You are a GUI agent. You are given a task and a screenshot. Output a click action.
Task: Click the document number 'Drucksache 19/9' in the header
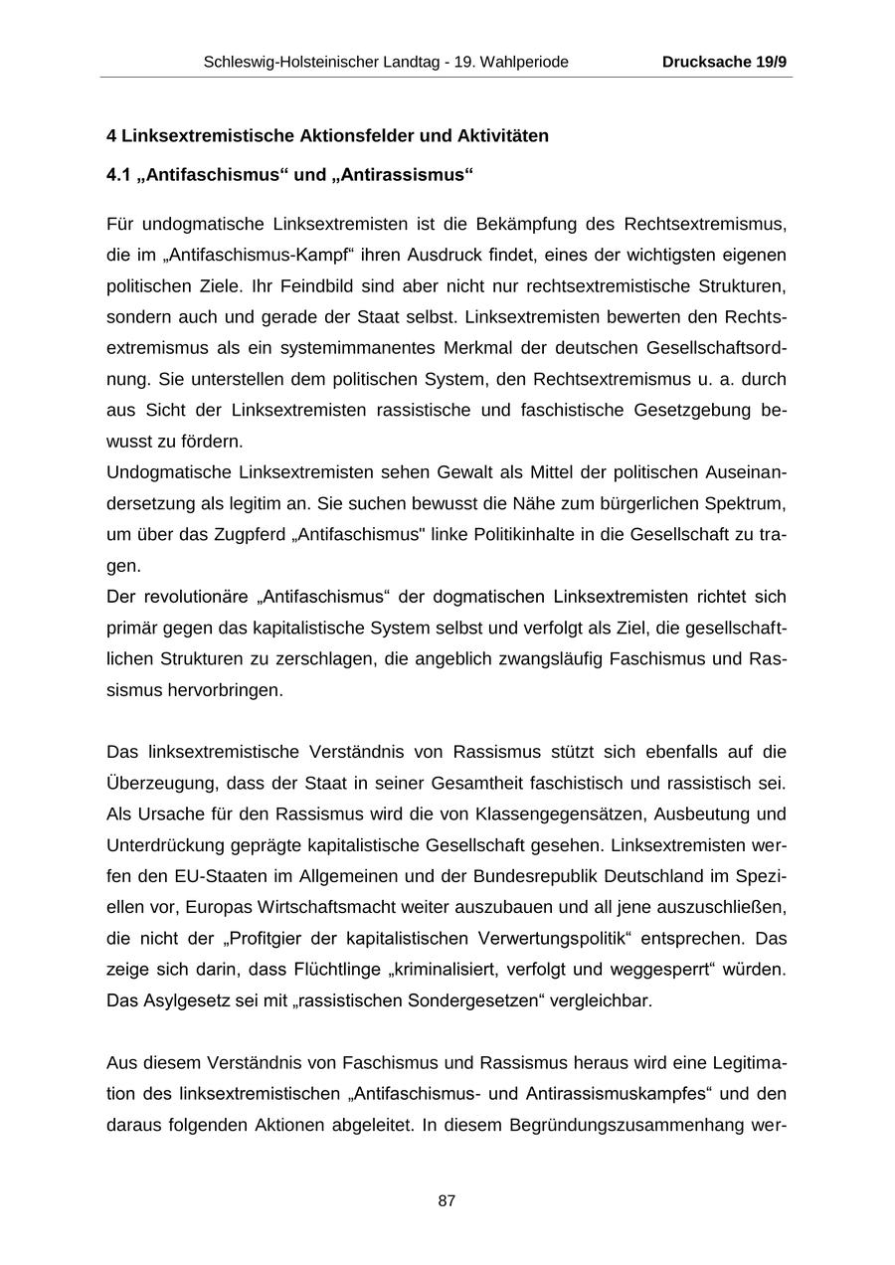(x=724, y=62)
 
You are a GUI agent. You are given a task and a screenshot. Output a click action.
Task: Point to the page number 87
(x=447, y=1200)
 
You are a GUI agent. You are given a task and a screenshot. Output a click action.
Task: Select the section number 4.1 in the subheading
(x=118, y=175)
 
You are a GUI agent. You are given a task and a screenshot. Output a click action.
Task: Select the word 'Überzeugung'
(x=159, y=783)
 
